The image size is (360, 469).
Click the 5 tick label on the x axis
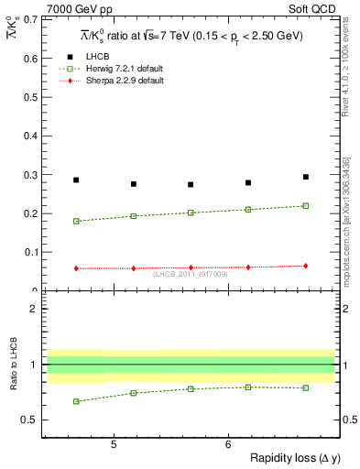coord(113,445)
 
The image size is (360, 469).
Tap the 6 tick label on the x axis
coord(227,445)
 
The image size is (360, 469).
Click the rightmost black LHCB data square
coord(306,177)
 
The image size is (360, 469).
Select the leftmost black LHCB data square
coord(76,180)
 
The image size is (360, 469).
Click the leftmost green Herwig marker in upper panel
coord(76,221)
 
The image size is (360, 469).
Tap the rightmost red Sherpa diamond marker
coord(306,266)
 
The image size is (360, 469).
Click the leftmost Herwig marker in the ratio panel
coord(76,401)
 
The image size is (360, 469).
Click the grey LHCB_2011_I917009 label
coord(191,274)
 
